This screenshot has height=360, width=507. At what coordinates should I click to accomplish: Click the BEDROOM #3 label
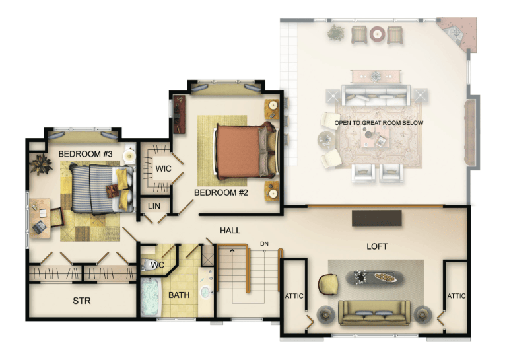[85, 154]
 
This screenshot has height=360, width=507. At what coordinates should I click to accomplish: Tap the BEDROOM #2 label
[221, 192]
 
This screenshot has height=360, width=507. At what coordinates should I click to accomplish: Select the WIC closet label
[163, 168]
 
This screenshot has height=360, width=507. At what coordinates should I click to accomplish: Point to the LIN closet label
[154, 206]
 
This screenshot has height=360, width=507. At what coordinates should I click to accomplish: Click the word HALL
[230, 231]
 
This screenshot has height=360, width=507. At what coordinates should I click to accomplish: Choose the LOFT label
[377, 246]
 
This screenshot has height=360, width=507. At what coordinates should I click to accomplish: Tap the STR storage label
[82, 301]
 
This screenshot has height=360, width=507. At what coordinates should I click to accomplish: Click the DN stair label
[264, 244]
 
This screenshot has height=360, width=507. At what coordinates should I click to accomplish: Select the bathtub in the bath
[151, 297]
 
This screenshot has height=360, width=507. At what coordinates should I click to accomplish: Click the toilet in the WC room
[149, 265]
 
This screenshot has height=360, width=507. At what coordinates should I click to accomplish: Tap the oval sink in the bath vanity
[206, 292]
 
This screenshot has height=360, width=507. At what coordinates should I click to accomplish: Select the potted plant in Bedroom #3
[41, 164]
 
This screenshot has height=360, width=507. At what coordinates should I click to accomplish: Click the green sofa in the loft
[374, 312]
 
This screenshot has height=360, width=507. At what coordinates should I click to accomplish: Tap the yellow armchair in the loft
[328, 285]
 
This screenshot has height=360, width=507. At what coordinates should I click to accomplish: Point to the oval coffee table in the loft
[374, 278]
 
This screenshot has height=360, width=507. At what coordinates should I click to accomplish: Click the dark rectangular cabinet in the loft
[377, 218]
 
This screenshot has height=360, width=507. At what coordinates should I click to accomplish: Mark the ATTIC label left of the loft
[294, 296]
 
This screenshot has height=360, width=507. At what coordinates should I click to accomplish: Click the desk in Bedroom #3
[40, 218]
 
